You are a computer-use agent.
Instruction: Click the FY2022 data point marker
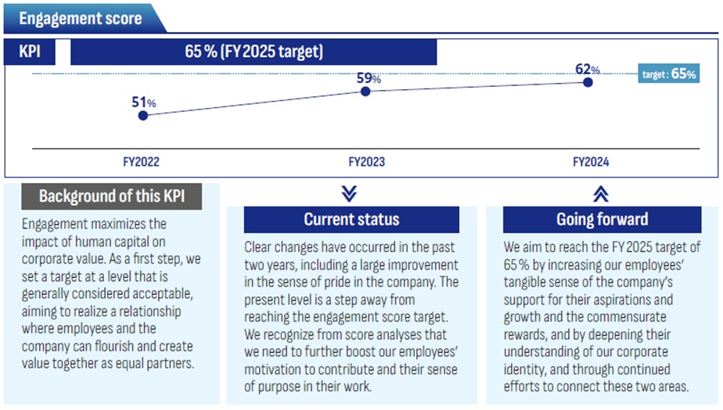142,115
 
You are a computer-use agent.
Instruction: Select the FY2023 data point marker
365,92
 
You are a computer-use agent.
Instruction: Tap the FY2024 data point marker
588,81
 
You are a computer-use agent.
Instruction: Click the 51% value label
142,102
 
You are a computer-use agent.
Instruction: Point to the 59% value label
369,78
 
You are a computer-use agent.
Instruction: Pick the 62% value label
588,69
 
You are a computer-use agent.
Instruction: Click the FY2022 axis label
142,162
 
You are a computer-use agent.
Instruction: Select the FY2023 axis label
367,162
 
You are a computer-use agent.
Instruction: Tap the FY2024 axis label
591,162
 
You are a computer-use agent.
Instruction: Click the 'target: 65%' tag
669,74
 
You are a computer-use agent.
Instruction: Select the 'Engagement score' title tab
81,18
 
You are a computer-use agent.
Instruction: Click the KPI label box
36,53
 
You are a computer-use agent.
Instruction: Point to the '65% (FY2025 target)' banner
254,53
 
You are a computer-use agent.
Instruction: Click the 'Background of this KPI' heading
111,196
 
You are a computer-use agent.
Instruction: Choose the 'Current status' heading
351,220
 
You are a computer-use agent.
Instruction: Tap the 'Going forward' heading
602,220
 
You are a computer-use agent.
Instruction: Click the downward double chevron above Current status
350,193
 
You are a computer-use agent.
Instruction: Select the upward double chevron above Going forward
601,194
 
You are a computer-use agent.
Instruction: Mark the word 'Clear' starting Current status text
260,247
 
